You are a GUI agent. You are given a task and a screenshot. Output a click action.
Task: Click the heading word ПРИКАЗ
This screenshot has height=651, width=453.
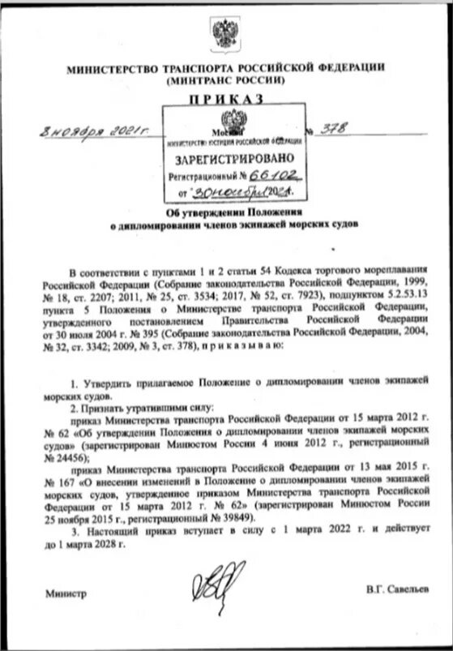226,98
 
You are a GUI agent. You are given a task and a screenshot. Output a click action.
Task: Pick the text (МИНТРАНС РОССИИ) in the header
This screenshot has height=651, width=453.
226,80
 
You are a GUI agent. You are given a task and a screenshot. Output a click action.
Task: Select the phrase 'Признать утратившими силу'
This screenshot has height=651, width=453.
133,409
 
